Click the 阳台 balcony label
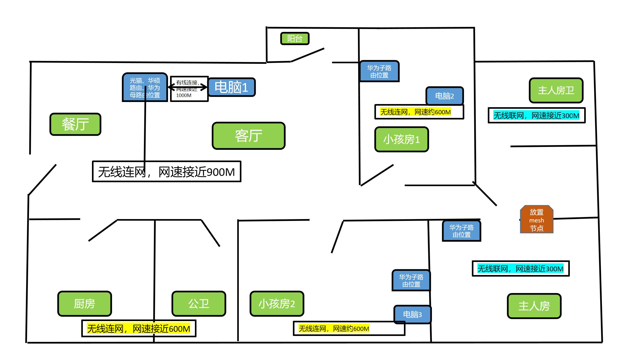pyautogui.click(x=295, y=38)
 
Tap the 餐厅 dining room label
pyautogui.click(x=75, y=124)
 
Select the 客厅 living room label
pyautogui.click(x=248, y=136)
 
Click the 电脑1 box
pyautogui.click(x=231, y=87)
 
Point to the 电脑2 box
pyautogui.click(x=444, y=96)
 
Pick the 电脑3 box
pyautogui.click(x=412, y=314)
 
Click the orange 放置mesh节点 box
pyautogui.click(x=537, y=220)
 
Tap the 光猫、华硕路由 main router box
pyautogui.click(x=145, y=87)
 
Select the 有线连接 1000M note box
pyautogui.click(x=189, y=89)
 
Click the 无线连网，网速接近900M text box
pyautogui.click(x=167, y=172)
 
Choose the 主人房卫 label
pyautogui.click(x=556, y=90)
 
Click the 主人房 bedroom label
pyautogui.click(x=534, y=306)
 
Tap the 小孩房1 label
pyautogui.click(x=402, y=139)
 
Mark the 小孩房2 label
pyautogui.click(x=277, y=304)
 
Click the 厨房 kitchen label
pyautogui.click(x=84, y=304)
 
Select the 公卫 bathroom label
pyautogui.click(x=199, y=304)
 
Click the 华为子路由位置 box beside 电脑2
pyautogui.click(x=379, y=71)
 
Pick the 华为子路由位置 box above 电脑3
pyautogui.click(x=411, y=281)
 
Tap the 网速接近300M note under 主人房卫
pyautogui.click(x=536, y=115)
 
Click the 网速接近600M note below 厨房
pyautogui.click(x=139, y=328)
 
